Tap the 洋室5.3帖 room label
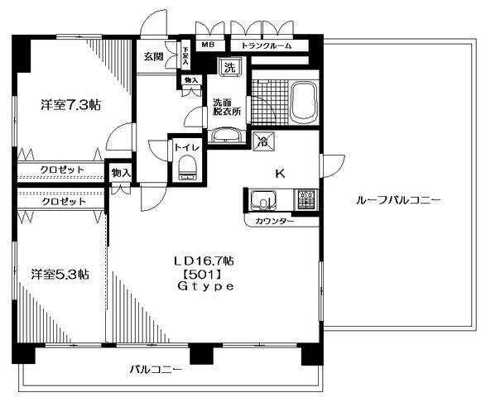click(x=60, y=274)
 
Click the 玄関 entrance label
click(x=152, y=57)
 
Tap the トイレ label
click(x=185, y=146)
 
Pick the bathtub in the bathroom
click(x=305, y=101)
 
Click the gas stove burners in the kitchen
click(x=306, y=199)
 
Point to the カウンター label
click(x=274, y=222)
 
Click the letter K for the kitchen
click(x=281, y=174)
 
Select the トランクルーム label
click(x=266, y=45)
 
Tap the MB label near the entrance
click(x=205, y=45)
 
